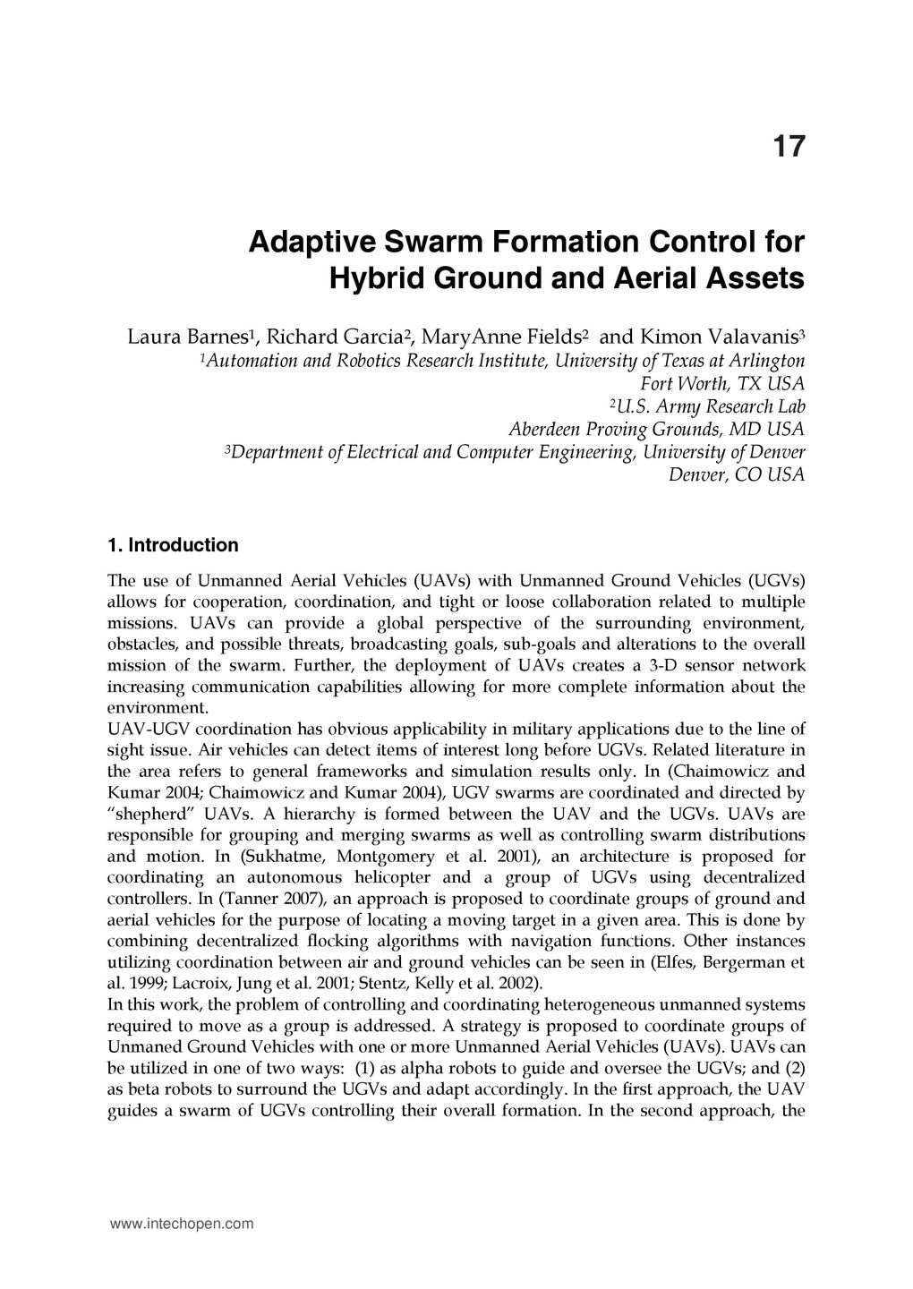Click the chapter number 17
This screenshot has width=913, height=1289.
pos(787,147)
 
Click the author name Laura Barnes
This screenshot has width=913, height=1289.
pos(189,337)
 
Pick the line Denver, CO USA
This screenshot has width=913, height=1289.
pos(737,475)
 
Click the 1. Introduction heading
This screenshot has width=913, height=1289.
pos(173,545)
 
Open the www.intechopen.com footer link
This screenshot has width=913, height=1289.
pos(181,1224)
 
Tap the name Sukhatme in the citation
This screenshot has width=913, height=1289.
pos(284,857)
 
